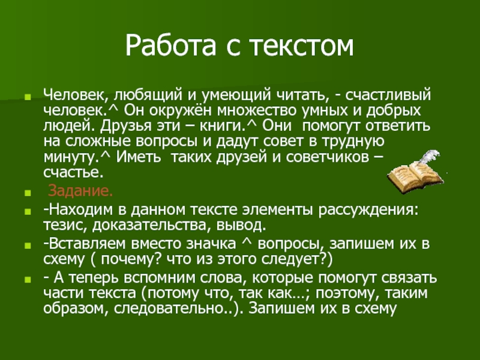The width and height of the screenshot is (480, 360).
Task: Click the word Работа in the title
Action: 170,46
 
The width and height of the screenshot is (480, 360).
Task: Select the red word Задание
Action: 80,191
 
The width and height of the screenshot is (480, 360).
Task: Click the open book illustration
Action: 414,177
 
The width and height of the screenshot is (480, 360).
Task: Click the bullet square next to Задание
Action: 28,193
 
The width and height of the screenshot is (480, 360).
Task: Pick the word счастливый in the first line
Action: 388,95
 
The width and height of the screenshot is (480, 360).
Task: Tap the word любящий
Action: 148,95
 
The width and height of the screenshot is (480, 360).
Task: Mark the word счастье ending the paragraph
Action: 73,173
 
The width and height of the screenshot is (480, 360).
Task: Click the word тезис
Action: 65,226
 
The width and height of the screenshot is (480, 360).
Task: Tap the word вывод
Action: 241,226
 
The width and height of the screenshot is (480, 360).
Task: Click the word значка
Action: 211,244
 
